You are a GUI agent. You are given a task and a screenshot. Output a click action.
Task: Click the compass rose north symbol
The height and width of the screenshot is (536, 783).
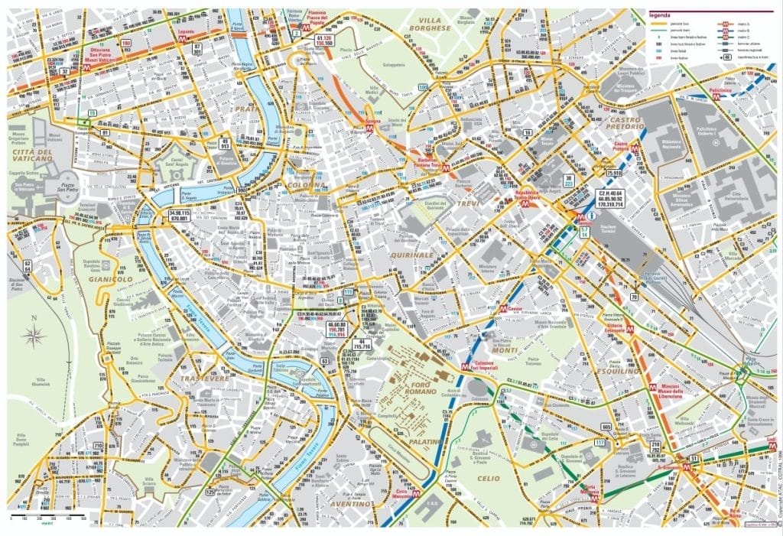pyautogui.click(x=34, y=334)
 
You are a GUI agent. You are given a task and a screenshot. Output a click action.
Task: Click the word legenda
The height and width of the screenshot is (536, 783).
pyautogui.click(x=662, y=14)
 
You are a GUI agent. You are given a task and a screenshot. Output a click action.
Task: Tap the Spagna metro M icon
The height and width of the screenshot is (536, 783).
pyautogui.click(x=369, y=129)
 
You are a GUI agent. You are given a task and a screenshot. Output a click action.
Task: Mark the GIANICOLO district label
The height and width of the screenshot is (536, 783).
pyautogui.click(x=112, y=280)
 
